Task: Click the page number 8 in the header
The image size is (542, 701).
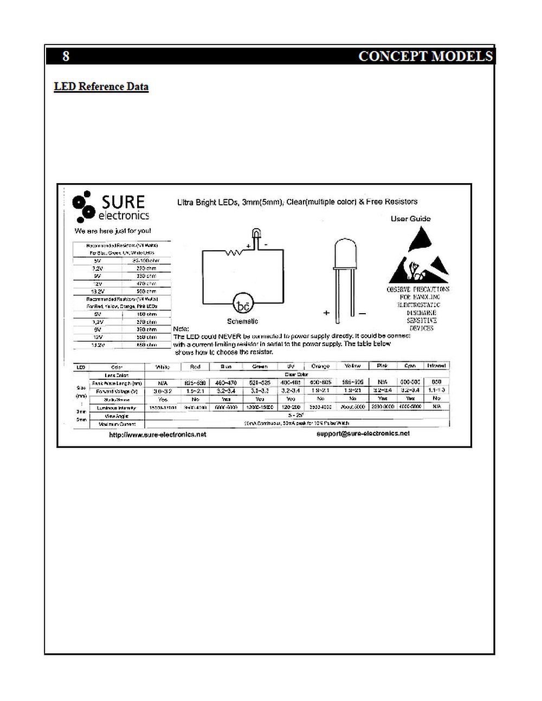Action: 66,56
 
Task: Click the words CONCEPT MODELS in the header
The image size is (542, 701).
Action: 425,56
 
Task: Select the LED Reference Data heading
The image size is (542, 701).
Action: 101,87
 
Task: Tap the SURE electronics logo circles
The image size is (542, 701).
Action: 83,206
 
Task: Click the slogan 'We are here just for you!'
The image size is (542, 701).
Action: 113,231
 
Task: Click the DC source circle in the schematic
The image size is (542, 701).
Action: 243,304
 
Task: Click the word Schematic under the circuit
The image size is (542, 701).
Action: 242,321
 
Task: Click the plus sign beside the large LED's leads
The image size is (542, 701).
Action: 326,313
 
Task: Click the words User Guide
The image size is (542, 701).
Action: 410,219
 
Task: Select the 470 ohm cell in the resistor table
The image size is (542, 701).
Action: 147,284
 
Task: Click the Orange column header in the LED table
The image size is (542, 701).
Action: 320,367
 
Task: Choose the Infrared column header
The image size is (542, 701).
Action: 436,366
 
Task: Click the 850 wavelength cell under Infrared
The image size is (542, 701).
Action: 436,382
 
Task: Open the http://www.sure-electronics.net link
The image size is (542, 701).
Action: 157,434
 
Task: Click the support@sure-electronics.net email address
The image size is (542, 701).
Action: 363,433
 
